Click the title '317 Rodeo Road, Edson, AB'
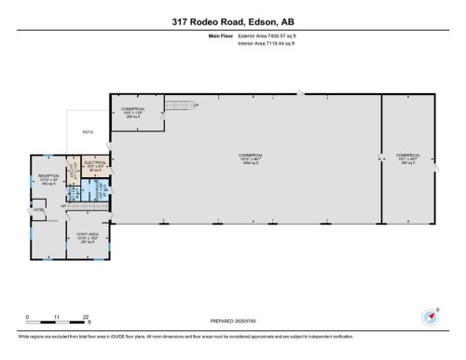[x=233, y=23]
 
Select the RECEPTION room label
[x=49, y=177]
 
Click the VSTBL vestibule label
[x=39, y=211]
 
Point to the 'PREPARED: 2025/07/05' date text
[x=233, y=322]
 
